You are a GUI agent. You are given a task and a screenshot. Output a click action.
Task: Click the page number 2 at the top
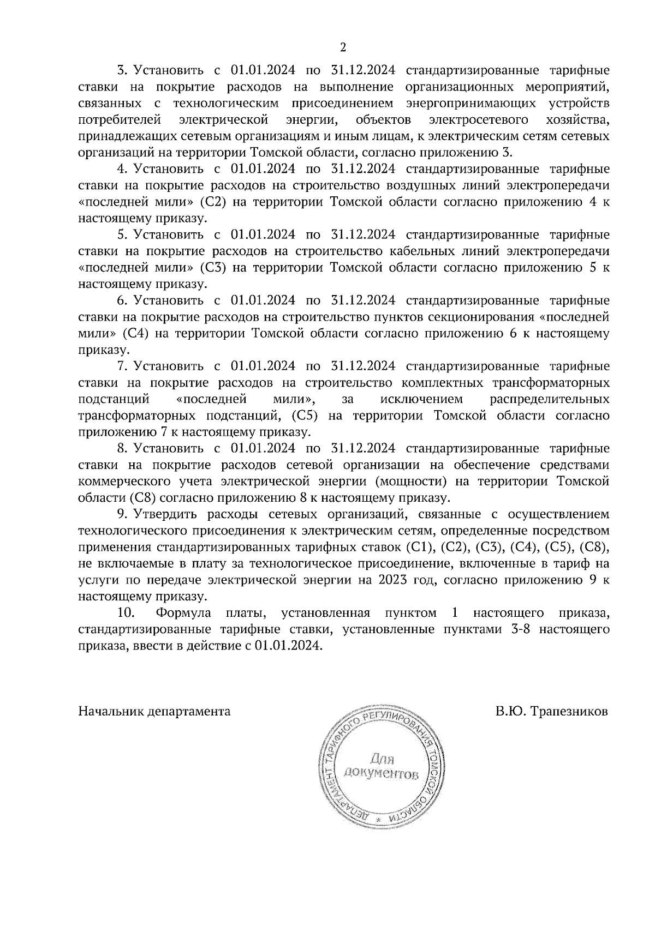(x=343, y=47)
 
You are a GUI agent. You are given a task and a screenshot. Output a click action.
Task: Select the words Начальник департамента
(x=154, y=711)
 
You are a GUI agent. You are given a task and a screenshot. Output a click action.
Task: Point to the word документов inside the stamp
(x=381, y=773)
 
